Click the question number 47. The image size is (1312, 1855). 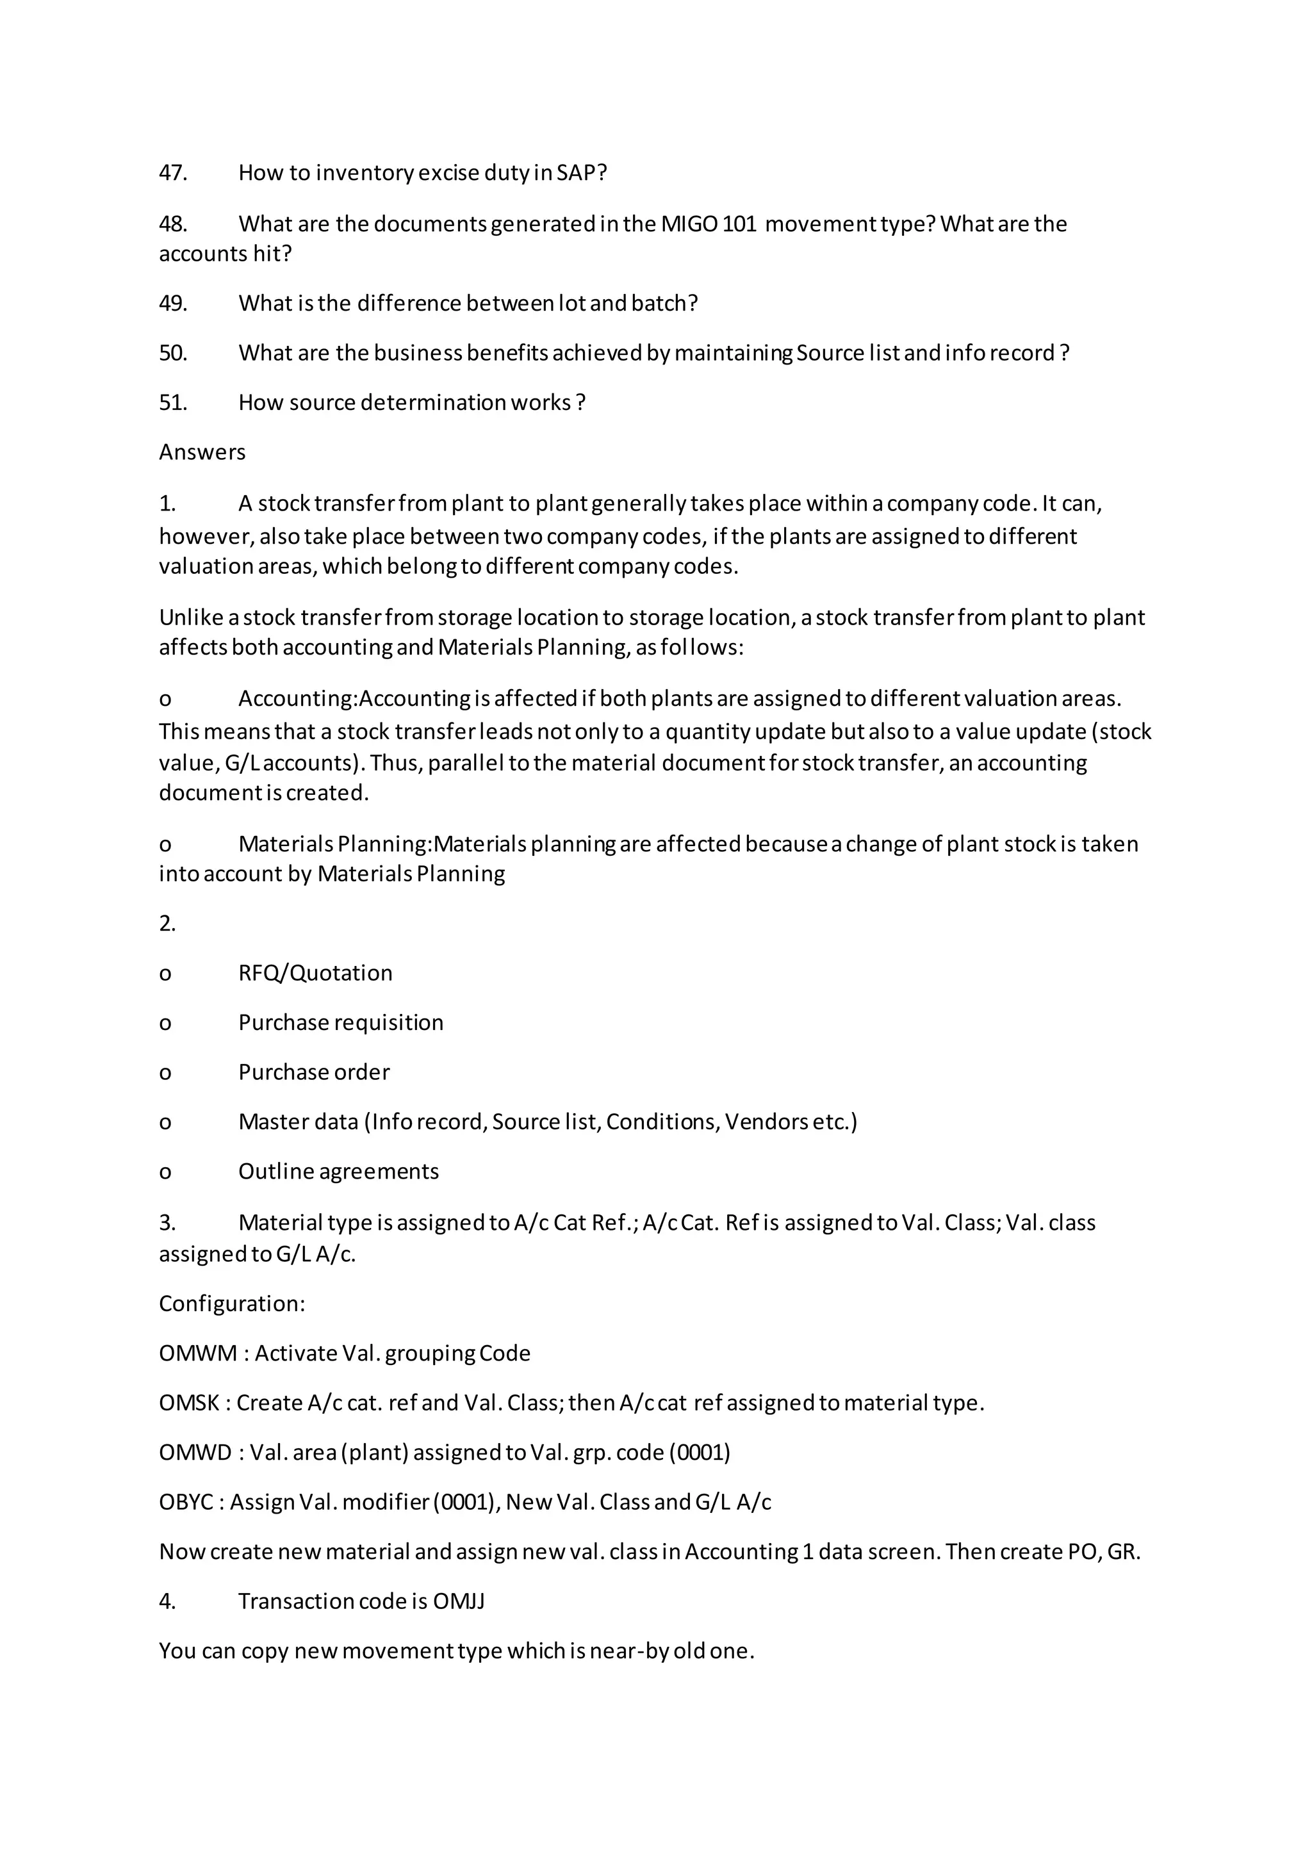click(173, 173)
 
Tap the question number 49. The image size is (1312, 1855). click(173, 304)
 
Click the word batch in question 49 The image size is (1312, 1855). click(663, 304)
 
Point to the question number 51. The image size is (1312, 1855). click(173, 402)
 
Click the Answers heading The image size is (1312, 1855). click(202, 452)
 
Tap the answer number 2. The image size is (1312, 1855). click(167, 924)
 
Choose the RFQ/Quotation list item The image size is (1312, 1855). click(315, 973)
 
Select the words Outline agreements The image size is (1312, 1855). click(338, 1172)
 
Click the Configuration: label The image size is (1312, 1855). click(232, 1304)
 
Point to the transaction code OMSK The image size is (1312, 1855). click(189, 1403)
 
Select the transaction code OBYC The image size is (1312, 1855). click(186, 1502)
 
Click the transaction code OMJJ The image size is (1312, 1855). click(459, 1601)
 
